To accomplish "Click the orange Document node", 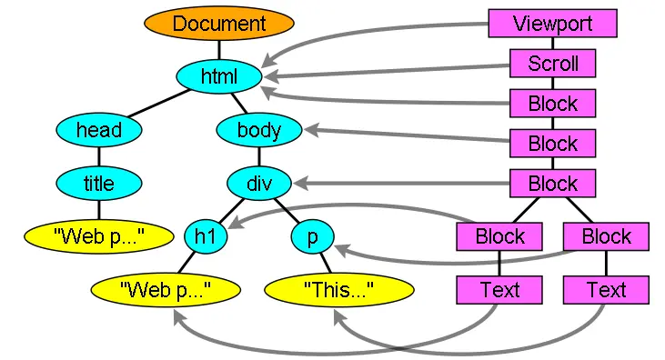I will click(x=218, y=24).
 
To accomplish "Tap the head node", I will click(x=98, y=130).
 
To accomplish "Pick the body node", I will click(x=258, y=130).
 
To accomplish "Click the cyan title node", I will click(x=98, y=184).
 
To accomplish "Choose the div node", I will click(x=258, y=184).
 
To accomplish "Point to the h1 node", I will click(x=205, y=237).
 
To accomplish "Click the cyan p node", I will click(x=312, y=237).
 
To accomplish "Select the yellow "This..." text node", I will click(x=338, y=290).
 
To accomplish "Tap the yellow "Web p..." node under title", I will click(x=98, y=237).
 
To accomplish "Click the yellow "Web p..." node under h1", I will click(x=165, y=290).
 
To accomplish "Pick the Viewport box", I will click(x=552, y=24).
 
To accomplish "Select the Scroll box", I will click(x=552, y=64).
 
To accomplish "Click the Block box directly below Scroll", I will click(x=552, y=103).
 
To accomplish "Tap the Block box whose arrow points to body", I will click(x=552, y=143).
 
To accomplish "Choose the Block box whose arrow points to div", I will click(x=552, y=183).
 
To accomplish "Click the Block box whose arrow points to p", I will click(x=606, y=236).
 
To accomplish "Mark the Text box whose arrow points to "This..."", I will click(x=606, y=290).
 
